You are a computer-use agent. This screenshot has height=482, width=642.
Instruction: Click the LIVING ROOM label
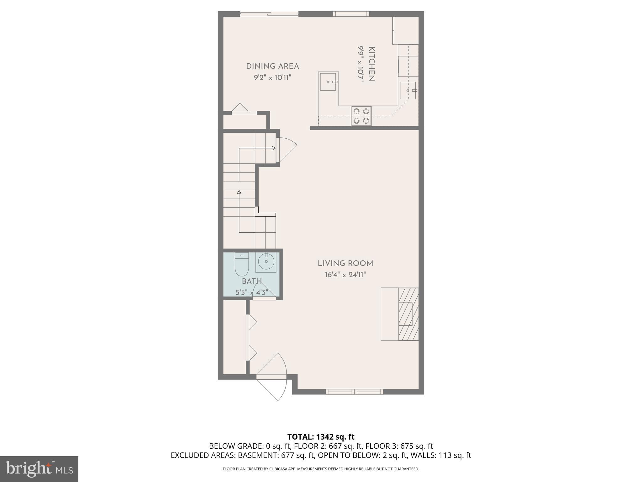pos(345,263)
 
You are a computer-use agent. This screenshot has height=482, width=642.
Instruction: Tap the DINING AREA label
pos(272,66)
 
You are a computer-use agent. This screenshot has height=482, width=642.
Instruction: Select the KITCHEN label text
pos(371,64)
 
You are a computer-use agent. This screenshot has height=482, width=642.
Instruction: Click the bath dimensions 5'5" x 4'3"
pos(252,292)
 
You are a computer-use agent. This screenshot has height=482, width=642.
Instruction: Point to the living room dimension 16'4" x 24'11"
pos(345,275)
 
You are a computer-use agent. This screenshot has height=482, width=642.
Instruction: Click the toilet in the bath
pos(242,265)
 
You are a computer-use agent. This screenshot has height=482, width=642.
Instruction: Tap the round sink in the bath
pos(266,261)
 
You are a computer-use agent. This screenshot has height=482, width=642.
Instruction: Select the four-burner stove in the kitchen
pos(361,116)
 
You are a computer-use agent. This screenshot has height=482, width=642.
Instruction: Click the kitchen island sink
pos(328,82)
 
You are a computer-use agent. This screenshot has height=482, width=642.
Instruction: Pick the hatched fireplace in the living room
pos(408,314)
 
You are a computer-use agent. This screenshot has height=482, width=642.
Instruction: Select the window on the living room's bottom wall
pos(354,391)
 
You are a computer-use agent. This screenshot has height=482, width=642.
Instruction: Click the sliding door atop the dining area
pos(269,13)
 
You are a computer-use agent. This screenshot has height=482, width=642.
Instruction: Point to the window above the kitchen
pos(351,13)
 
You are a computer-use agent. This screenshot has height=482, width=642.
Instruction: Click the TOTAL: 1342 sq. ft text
pos(321,437)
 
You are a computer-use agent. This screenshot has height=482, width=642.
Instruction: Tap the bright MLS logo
pos(39,469)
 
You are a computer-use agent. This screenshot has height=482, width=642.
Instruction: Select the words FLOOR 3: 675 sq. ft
pos(399,446)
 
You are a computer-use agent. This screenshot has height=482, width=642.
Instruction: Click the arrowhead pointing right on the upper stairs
pos(274,148)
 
